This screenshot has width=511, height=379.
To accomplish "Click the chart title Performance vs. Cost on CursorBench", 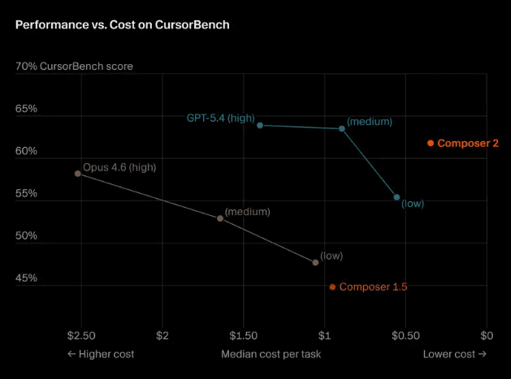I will tap(122, 25).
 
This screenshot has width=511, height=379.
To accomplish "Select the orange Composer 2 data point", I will tap(431, 144).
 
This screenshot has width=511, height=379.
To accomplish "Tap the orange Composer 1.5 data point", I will tap(332, 286).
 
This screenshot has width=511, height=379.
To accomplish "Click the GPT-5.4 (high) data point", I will tap(260, 125).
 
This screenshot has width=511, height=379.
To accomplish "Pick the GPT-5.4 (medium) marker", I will tap(342, 128).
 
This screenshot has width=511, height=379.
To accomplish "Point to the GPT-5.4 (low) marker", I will tap(396, 197).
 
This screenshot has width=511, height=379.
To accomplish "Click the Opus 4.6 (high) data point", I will tap(78, 174).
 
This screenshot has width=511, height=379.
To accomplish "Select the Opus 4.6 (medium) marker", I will tap(220, 218).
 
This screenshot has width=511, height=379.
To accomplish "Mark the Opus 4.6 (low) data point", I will tap(315, 262).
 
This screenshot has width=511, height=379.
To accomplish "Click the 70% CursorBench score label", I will tap(74, 66).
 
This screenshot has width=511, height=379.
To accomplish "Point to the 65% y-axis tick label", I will tap(27, 108).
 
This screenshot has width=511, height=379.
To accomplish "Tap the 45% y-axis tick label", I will tap(27, 278).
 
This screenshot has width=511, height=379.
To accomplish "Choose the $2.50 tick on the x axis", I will tap(81, 335).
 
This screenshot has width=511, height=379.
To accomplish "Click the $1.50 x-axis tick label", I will tap(243, 335).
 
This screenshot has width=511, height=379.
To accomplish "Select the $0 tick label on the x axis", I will tap(487, 335).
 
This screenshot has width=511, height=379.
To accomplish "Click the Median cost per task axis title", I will tap(271, 354).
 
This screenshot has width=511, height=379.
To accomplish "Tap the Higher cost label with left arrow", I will tap(101, 354).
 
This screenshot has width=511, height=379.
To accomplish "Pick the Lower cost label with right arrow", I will tap(454, 354).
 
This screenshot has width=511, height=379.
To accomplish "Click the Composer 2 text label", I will tap(468, 144).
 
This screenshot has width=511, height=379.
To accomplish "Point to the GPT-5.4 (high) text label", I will tap(220, 118).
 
